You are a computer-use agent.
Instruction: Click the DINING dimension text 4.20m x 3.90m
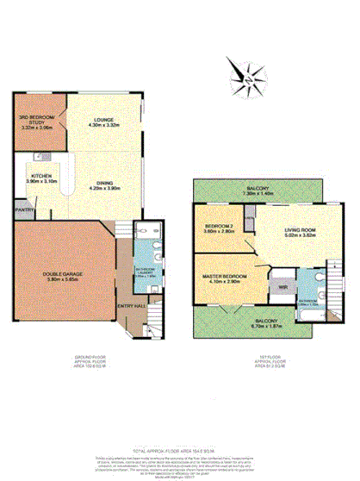[x=105, y=188]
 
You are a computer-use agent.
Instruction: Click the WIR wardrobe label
[x=282, y=284]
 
